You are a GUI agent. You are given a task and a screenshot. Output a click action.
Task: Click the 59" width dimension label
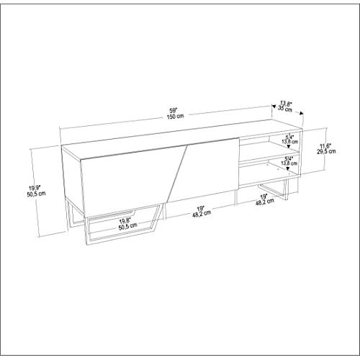coord(173,111)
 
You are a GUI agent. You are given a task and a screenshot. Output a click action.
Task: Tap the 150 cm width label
coord(175,116)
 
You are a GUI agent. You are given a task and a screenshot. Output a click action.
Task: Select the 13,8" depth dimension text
coord(286,104)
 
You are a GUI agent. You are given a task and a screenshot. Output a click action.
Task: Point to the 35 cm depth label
coord(285,109)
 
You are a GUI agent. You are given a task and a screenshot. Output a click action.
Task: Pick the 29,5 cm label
coord(326,151)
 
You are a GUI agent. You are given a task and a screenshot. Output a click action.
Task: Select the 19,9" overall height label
coord(35,187)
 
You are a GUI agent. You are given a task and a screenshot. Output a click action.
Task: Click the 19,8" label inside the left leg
coord(125,220)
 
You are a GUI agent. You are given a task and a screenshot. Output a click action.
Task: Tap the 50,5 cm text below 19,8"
coord(128,226)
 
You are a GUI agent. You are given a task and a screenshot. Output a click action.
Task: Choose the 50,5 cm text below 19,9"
coord(37,194)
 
